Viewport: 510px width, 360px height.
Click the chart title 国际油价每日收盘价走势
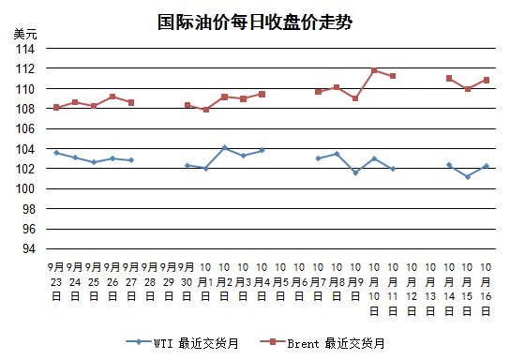point(255,22)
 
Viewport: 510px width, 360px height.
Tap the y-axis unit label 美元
point(25,34)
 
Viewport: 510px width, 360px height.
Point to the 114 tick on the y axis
point(25,49)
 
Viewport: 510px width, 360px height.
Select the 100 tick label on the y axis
point(25,188)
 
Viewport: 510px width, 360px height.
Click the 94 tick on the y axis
point(29,248)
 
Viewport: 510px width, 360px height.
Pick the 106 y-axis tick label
point(25,128)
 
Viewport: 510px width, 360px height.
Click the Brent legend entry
point(322,343)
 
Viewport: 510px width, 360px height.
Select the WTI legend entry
point(182,343)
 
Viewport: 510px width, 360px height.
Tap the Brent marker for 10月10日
point(374,70)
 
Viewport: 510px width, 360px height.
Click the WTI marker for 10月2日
point(224,147)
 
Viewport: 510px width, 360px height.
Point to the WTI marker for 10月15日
point(468,177)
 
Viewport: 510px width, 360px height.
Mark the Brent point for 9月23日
point(56,107)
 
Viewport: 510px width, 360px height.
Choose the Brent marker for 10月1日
point(206,110)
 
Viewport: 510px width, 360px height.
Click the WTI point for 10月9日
point(355,173)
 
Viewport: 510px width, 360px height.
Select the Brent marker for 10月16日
point(487,80)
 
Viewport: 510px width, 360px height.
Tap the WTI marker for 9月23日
point(56,153)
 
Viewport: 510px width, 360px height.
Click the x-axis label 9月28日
point(150,281)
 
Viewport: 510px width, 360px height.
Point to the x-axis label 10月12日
point(412,289)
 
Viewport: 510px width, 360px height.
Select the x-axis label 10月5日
point(280,281)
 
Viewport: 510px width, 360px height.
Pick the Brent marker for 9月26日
point(112,97)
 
